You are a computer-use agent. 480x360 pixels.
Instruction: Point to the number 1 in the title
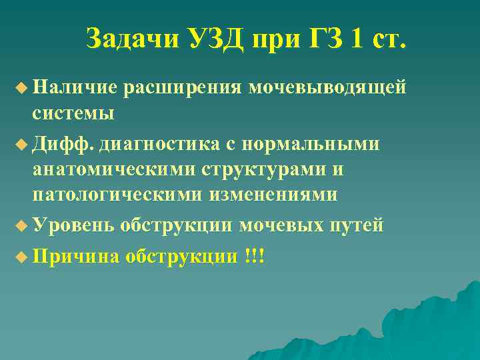point(358,39)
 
